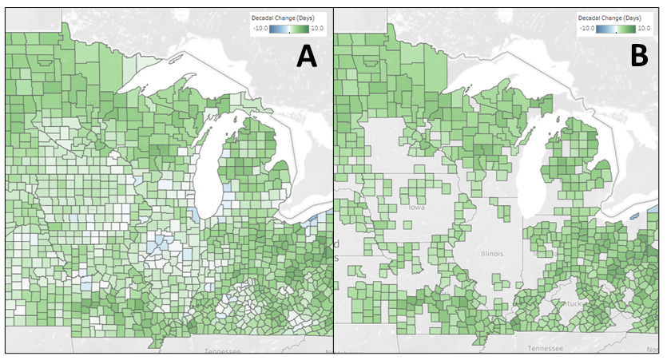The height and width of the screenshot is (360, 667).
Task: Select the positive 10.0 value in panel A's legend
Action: click(318, 28)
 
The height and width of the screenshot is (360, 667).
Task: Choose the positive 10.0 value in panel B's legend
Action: click(648, 28)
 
